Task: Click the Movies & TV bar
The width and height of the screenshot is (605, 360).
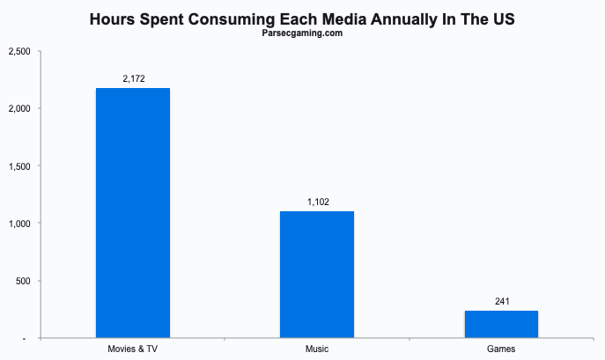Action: (133, 213)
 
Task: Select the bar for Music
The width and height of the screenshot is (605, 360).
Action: (317, 275)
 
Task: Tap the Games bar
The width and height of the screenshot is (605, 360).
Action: (501, 325)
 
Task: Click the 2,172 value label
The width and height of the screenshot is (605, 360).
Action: (134, 78)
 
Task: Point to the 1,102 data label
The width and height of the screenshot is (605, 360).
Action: (318, 202)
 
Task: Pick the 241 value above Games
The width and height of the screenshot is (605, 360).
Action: (502, 301)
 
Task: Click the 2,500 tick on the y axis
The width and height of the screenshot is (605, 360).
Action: (19, 51)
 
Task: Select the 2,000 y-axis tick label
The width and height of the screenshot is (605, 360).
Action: (19, 109)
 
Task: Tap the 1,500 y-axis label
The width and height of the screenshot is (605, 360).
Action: (19, 166)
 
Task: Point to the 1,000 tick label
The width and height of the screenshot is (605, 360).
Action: (19, 224)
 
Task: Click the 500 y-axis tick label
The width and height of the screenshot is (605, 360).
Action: (23, 281)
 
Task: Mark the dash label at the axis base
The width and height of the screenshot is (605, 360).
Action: (25, 339)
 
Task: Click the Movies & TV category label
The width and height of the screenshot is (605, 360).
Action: (132, 349)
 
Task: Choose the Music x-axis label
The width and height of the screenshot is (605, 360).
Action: (317, 349)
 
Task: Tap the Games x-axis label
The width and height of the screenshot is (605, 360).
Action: (501, 349)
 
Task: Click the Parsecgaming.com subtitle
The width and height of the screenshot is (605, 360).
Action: (302, 33)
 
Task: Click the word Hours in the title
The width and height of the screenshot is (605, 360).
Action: (112, 18)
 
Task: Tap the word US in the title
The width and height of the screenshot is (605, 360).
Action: (504, 18)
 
